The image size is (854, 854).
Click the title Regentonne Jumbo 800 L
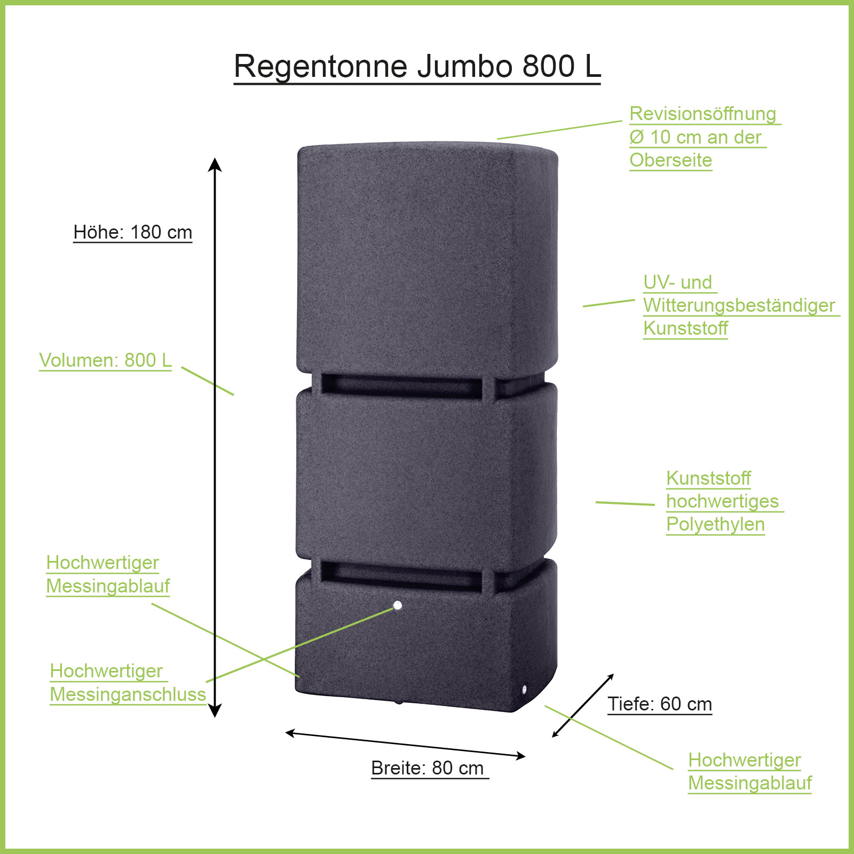point(417,66)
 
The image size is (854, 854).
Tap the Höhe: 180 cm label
point(133,232)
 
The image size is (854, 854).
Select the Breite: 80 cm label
point(428,768)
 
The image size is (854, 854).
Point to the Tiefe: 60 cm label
point(660,704)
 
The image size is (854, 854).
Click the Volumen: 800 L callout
point(106,360)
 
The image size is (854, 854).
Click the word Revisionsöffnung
point(703,114)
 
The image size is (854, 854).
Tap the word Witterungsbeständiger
point(739,305)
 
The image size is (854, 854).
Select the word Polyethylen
point(715,524)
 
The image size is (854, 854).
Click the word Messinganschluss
point(128,694)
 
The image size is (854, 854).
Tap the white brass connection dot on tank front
point(397,605)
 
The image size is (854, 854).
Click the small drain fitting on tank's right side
point(524,690)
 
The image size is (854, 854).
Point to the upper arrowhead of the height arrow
point(215,164)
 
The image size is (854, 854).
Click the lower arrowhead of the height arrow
point(215,711)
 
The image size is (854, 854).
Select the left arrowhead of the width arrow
point(290,733)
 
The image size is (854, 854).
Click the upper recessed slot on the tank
point(402,385)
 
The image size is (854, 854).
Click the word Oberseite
point(671,160)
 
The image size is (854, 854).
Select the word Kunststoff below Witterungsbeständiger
point(686,328)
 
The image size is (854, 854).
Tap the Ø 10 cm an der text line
point(695,137)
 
